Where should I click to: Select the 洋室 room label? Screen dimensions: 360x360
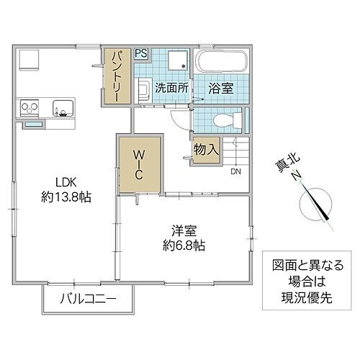coord(185,230)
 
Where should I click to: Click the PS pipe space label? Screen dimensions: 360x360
coord(141,53)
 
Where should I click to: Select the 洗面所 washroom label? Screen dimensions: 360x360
coord(172,89)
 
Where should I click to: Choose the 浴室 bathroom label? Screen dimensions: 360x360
coord(220,89)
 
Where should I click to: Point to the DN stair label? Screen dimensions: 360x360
coord(235,172)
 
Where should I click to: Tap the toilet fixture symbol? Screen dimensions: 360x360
coord(225,120)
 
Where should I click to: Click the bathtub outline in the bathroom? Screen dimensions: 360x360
coord(222,60)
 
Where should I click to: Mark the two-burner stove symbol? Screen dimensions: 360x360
coord(30,108)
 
